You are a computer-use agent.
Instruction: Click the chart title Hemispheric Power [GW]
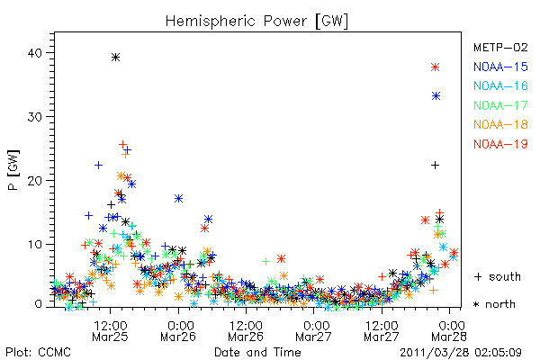[256, 22]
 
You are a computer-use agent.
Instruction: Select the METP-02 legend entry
[500, 47]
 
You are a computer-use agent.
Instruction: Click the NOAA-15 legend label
[500, 67]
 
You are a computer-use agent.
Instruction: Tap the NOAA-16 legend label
[500, 85]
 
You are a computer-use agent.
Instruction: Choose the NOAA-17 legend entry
[500, 105]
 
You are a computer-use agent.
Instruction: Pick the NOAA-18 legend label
[500, 124]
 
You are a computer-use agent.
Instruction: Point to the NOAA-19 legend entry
[500, 144]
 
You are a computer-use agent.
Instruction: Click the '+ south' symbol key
[498, 276]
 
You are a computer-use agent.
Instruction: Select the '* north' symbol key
[494, 304]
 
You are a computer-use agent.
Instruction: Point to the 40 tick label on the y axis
[35, 53]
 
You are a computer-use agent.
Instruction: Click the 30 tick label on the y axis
[35, 117]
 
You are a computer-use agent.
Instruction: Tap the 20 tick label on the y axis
[35, 181]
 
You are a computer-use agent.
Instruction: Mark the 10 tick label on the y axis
[35, 245]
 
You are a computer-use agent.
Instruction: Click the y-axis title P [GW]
[13, 170]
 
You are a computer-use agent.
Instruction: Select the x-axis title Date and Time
[257, 352]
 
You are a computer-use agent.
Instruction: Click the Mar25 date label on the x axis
[110, 337]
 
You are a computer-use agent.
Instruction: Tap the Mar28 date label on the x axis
[449, 337]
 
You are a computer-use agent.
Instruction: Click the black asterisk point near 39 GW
[116, 58]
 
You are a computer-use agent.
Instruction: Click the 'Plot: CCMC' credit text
[38, 352]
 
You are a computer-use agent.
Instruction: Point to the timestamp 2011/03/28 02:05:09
[461, 353]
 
